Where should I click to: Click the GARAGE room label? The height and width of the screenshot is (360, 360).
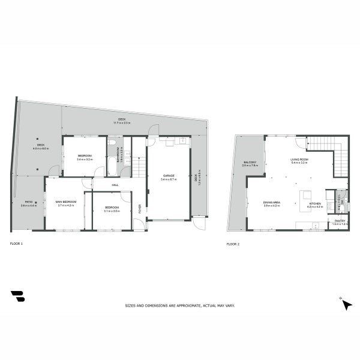click(x=168, y=175)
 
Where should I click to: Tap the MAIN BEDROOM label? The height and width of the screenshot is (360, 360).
click(x=65, y=202)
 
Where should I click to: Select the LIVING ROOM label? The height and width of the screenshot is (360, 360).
click(x=299, y=159)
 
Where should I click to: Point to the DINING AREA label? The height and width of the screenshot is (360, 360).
click(x=271, y=202)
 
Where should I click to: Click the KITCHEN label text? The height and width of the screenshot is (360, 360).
click(x=315, y=203)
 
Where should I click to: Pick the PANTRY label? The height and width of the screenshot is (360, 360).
click(x=340, y=221)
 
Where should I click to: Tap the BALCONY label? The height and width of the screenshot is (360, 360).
click(x=250, y=162)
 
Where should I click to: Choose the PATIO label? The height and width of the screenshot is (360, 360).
click(x=29, y=202)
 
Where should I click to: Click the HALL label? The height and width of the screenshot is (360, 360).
click(x=115, y=185)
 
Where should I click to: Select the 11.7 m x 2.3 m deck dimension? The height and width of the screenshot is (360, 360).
click(x=122, y=123)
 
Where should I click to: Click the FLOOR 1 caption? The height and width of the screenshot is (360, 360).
click(x=16, y=244)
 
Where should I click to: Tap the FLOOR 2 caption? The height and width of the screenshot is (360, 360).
click(x=233, y=244)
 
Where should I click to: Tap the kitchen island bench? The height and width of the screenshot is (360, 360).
click(x=307, y=196)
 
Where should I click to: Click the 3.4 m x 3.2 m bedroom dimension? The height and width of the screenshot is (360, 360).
click(x=84, y=160)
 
